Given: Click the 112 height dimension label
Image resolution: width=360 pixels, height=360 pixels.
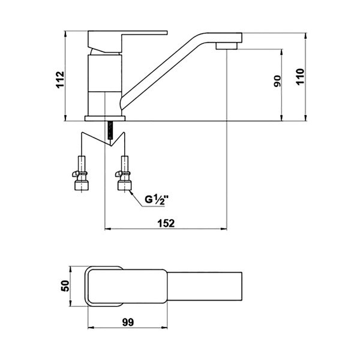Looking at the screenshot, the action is (60, 79).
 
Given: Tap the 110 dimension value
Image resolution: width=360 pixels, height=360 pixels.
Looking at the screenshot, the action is (300, 77).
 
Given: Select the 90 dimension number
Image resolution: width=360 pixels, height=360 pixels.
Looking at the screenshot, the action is (277, 81).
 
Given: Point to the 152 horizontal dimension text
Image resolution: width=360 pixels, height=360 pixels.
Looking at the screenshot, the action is (166, 223).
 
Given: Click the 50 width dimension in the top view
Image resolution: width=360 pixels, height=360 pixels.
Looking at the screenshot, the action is (65, 286).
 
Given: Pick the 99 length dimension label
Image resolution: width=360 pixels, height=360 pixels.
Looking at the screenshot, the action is (128, 322).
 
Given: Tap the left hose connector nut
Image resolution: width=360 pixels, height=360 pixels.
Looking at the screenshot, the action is (82, 185).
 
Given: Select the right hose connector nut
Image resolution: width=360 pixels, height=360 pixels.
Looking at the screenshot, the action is (125, 185).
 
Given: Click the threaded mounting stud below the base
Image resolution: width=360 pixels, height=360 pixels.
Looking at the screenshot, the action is (110, 130).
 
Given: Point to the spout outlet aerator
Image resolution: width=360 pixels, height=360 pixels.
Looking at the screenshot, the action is (226, 46).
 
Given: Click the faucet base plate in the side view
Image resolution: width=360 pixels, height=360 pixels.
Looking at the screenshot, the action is (105, 118).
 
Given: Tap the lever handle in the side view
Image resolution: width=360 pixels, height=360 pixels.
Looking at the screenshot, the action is (127, 41).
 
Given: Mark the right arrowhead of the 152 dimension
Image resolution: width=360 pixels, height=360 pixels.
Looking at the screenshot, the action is (224, 229).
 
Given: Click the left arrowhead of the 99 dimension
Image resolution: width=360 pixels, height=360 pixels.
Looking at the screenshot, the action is (91, 328).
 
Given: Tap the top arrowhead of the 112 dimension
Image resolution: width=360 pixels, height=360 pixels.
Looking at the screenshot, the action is (65, 34).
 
